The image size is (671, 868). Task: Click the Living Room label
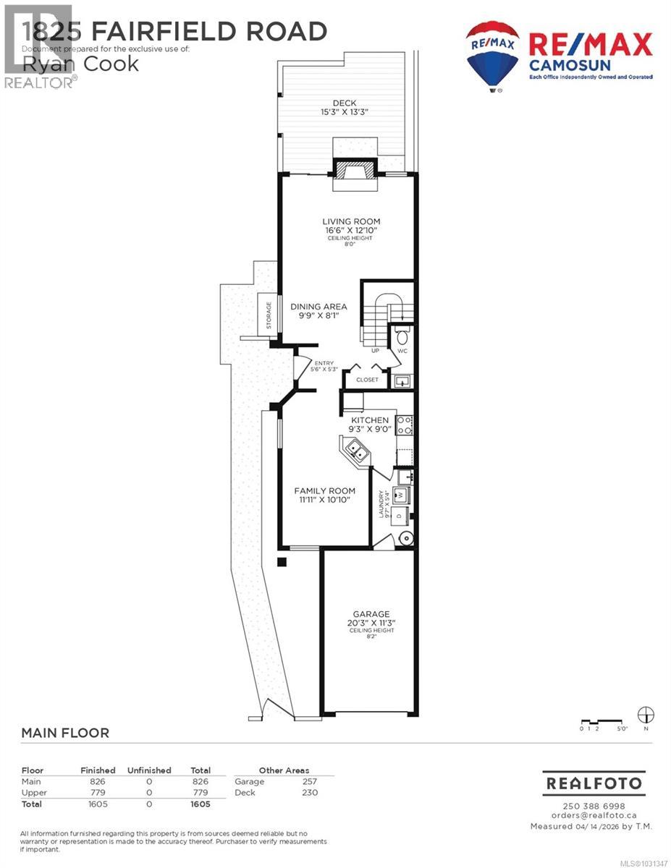351,221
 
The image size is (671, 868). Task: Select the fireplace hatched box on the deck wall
355,171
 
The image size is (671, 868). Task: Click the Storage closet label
270,315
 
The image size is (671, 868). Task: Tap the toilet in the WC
402,336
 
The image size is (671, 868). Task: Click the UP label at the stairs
375,351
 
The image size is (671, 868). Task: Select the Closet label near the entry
367,379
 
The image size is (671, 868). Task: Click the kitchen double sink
354,451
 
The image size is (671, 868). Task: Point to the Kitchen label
370,420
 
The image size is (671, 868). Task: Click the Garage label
371,614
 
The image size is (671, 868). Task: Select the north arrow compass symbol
646,715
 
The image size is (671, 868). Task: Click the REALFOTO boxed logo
594,783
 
